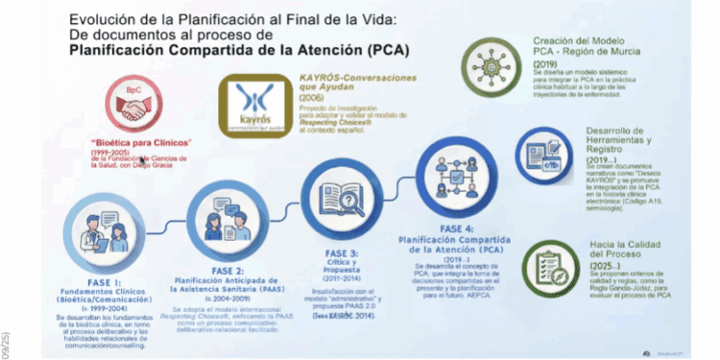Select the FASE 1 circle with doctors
tap(106, 234)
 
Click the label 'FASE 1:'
tap(106, 284)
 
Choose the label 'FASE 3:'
tap(342, 252)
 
